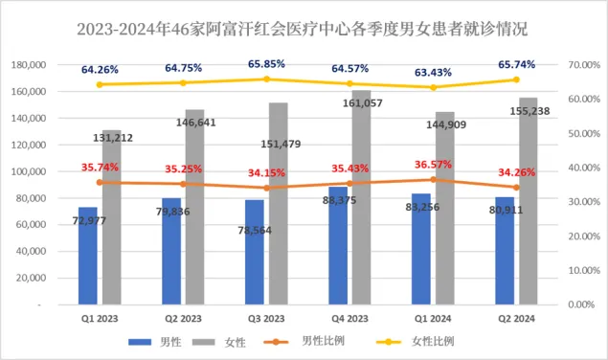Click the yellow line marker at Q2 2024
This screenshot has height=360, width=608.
click(x=515, y=79)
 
